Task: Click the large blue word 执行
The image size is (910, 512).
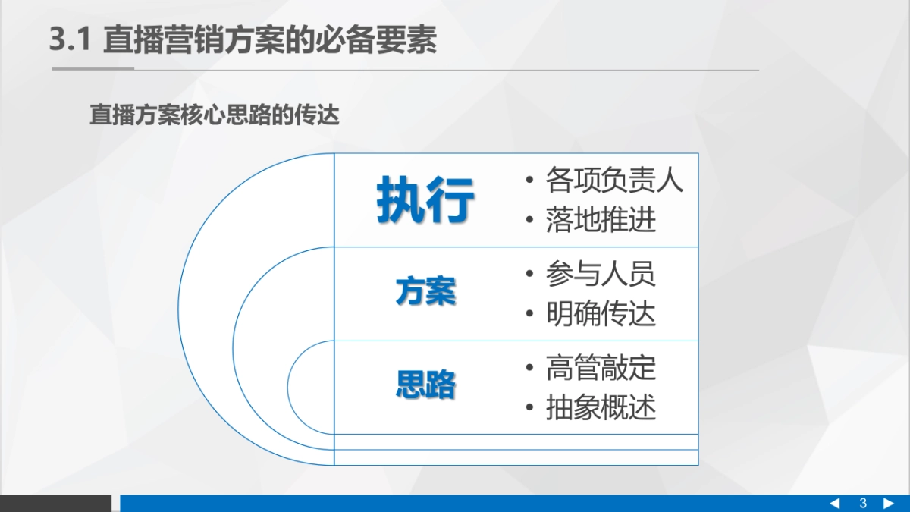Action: [425, 200]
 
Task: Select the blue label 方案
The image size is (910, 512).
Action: [425, 291]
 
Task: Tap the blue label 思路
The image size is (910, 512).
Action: [425, 385]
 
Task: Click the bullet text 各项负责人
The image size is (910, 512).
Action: [614, 181]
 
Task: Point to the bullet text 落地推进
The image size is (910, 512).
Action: [601, 220]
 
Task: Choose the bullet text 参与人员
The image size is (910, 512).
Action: [601, 274]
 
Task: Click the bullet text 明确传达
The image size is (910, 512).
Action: [601, 313]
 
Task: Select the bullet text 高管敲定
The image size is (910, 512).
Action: [601, 368]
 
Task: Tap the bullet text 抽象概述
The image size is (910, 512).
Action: [601, 407]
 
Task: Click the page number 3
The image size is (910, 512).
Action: [863, 504]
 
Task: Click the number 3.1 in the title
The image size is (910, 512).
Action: [70, 40]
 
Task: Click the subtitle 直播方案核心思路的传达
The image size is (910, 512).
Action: [214, 116]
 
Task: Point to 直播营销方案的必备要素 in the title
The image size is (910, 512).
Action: [270, 40]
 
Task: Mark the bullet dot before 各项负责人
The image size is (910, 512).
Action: [530, 181]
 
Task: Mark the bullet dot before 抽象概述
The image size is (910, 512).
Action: [530, 408]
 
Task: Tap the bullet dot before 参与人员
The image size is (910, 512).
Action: [530, 275]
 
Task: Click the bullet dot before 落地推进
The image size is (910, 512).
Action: [530, 221]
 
